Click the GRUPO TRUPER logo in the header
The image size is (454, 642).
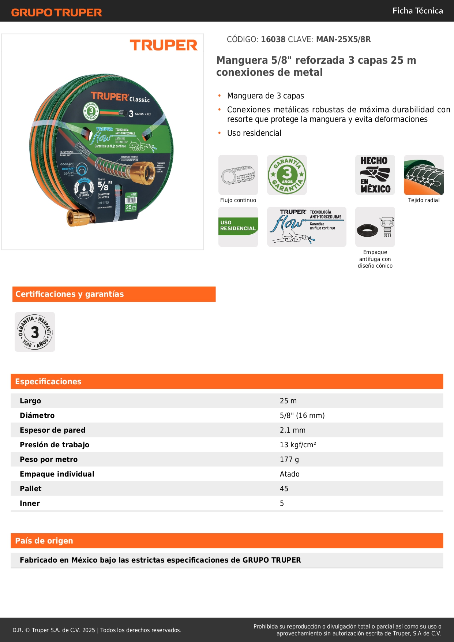[x=56, y=12]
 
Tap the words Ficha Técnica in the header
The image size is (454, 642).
[x=417, y=11]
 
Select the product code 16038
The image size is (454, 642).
[x=273, y=39]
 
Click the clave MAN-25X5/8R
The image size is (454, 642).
[x=343, y=39]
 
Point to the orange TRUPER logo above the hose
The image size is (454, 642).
[x=164, y=45]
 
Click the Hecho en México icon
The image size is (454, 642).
[x=375, y=175]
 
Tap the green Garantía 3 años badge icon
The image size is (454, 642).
[x=287, y=175]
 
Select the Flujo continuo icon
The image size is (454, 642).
[x=238, y=175]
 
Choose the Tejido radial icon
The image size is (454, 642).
[x=424, y=175]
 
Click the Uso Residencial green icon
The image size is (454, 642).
[x=238, y=227]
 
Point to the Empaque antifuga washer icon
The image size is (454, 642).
[x=375, y=227]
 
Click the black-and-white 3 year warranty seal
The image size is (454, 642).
[x=35, y=332]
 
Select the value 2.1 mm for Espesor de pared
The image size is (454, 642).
[x=293, y=430]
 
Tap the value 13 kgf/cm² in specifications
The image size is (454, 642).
[x=298, y=445]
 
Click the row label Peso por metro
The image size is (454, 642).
[x=49, y=459]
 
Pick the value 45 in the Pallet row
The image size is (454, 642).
[x=284, y=489]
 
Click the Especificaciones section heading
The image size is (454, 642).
[x=48, y=381]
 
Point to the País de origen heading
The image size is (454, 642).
[x=44, y=541]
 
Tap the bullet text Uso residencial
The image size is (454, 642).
[x=254, y=133]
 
